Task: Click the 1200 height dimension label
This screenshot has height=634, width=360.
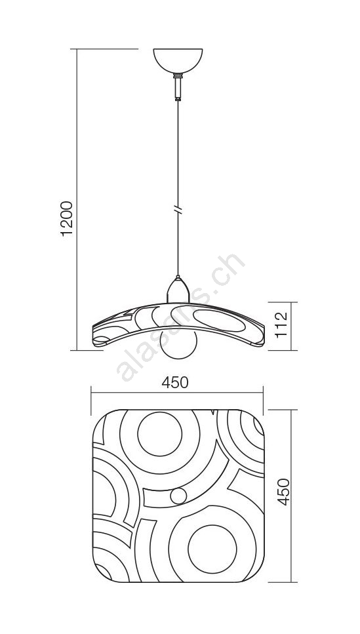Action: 67,218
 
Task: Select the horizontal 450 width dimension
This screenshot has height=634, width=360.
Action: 175,382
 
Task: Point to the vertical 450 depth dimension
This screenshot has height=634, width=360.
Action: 284,492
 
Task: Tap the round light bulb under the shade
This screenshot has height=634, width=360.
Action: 178,344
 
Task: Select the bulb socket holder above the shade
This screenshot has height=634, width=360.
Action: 178,290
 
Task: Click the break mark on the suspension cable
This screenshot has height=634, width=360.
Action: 178,210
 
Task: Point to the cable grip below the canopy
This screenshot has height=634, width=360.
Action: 178,87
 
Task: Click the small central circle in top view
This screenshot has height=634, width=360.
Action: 178,496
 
